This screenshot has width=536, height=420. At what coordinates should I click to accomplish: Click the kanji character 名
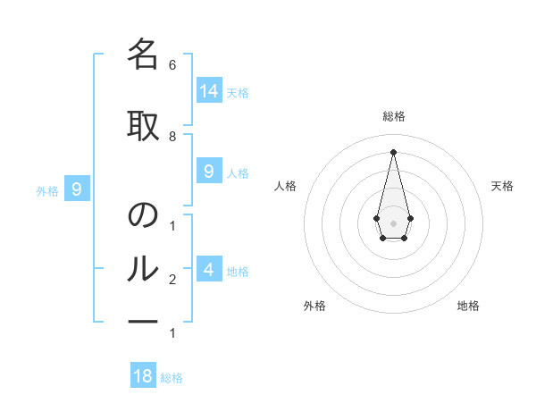coord(143,54)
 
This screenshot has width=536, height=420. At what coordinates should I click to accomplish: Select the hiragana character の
coord(143,214)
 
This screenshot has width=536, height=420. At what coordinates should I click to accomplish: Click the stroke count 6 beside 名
coord(172,65)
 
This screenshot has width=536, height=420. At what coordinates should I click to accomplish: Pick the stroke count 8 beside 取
coord(172,137)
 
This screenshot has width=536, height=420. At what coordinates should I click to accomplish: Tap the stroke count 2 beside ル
coord(172,280)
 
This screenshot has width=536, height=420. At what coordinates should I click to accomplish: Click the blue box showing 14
coord(209,90)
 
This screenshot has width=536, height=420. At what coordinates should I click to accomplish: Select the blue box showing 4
coord(209,268)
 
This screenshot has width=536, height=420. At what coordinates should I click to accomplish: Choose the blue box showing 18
coord(143,374)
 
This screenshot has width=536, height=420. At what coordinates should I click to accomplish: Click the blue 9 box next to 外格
coord(77,189)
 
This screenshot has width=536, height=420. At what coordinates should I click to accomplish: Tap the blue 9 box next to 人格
coord(209,171)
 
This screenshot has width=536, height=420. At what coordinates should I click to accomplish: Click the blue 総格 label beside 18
coord(172,378)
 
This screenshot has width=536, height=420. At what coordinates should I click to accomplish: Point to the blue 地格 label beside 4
coord(238,272)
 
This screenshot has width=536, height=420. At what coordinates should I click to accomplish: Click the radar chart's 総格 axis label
coord(394,116)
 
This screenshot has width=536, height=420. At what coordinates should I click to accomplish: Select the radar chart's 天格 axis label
coord(502,186)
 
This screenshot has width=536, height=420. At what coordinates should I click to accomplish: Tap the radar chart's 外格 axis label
coord(314,306)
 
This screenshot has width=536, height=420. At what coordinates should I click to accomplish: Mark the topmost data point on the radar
coord(393,152)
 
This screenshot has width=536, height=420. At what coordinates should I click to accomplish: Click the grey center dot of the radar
coord(393,223)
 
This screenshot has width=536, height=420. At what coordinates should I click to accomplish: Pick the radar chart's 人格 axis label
coord(285,186)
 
